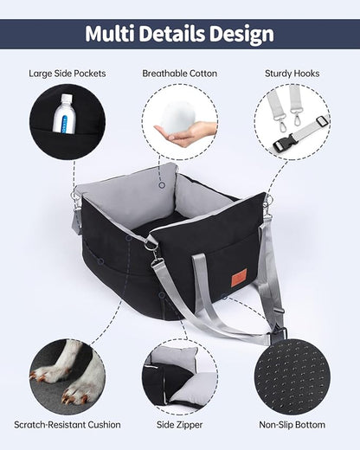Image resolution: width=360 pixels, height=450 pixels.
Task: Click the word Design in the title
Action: tap(241, 34)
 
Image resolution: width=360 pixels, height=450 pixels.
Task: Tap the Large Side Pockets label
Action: tap(67, 74)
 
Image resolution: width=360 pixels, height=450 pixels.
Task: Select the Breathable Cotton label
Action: tap(179, 74)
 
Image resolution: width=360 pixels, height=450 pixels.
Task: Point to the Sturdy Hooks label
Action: tap(292, 74)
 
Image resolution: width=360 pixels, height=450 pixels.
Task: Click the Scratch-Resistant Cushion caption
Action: tap(67, 425)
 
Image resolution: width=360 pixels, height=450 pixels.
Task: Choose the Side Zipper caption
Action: tap(179, 425)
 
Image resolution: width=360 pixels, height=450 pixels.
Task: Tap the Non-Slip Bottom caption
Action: tap(292, 425)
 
